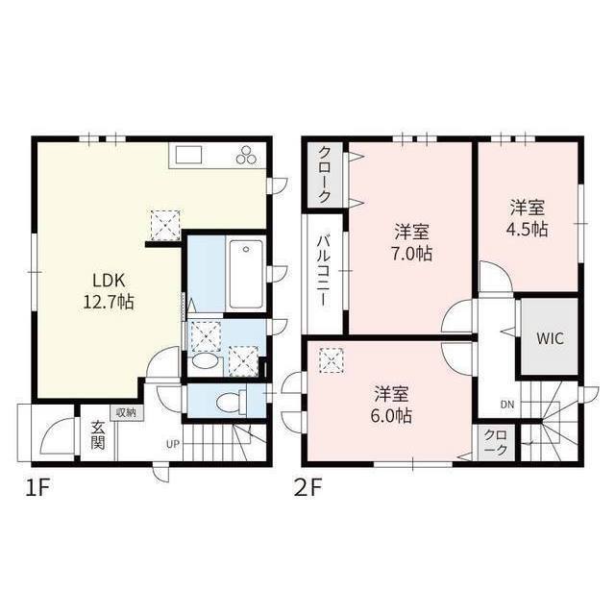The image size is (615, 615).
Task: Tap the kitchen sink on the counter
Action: pyautogui.click(x=186, y=155)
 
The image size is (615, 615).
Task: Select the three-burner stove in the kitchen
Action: pyautogui.click(x=246, y=156)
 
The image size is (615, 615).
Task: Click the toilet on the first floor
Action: pyautogui.click(x=228, y=400)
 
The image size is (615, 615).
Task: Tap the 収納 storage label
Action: pyautogui.click(x=126, y=412)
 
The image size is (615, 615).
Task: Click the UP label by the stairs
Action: pyautogui.click(x=173, y=444)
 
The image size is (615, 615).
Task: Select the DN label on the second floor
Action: pyautogui.click(x=506, y=405)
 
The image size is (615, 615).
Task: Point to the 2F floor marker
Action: pyautogui.click(x=311, y=488)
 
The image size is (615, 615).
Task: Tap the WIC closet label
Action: pyautogui.click(x=550, y=339)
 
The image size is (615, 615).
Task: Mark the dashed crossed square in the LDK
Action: pyautogui.click(x=164, y=225)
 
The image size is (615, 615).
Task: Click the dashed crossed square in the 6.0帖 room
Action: pyautogui.click(x=332, y=359)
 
